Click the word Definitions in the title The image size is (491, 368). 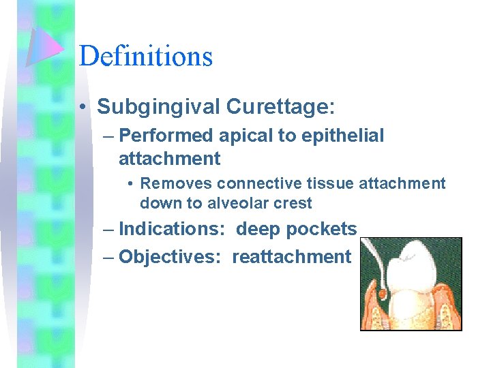coord(146,56)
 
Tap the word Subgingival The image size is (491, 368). coord(158,106)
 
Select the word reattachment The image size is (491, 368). coord(291,257)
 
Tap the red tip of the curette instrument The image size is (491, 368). coord(381,294)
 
